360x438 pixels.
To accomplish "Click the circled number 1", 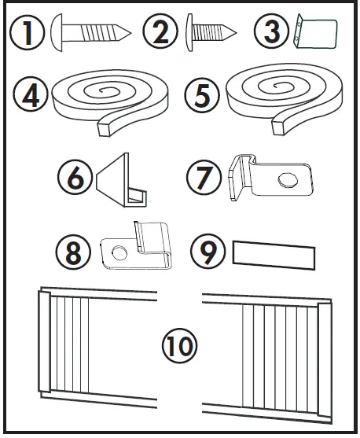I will click(x=29, y=34).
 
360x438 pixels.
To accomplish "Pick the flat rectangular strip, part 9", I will click(x=273, y=254).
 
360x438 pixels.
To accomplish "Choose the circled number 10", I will click(x=179, y=345).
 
